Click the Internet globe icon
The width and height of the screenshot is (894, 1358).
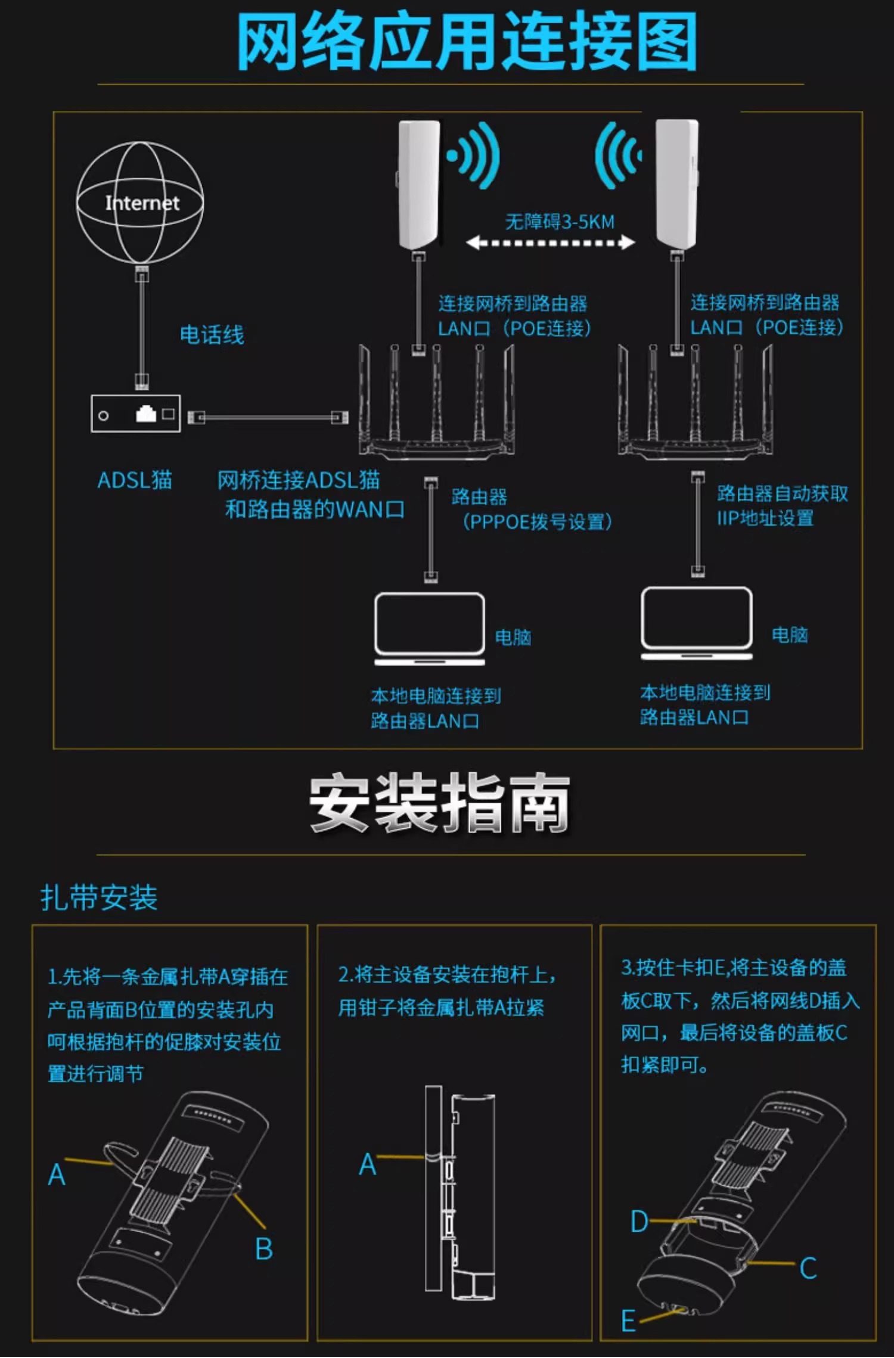click(x=140, y=203)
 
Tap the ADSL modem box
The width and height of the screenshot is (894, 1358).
click(x=135, y=414)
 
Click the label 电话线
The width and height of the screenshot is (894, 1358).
click(x=212, y=335)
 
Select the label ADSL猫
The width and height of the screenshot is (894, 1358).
click(x=135, y=480)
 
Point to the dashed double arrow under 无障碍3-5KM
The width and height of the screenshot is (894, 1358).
click(x=550, y=243)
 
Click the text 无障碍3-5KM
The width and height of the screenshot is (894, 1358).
click(x=559, y=222)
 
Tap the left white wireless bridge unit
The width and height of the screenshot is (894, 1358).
click(x=420, y=185)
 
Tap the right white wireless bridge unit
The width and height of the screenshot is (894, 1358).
click(x=677, y=185)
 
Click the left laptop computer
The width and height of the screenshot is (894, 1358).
click(x=429, y=629)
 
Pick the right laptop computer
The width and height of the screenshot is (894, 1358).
click(x=696, y=623)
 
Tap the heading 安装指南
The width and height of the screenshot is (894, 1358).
click(x=439, y=803)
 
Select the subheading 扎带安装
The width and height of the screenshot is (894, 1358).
click(x=99, y=898)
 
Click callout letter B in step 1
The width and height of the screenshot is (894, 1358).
click(x=264, y=1249)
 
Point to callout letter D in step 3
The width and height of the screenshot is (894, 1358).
click(x=639, y=1221)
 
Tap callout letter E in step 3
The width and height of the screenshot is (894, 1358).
click(x=628, y=1320)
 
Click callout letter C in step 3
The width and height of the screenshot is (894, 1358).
click(x=808, y=1267)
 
